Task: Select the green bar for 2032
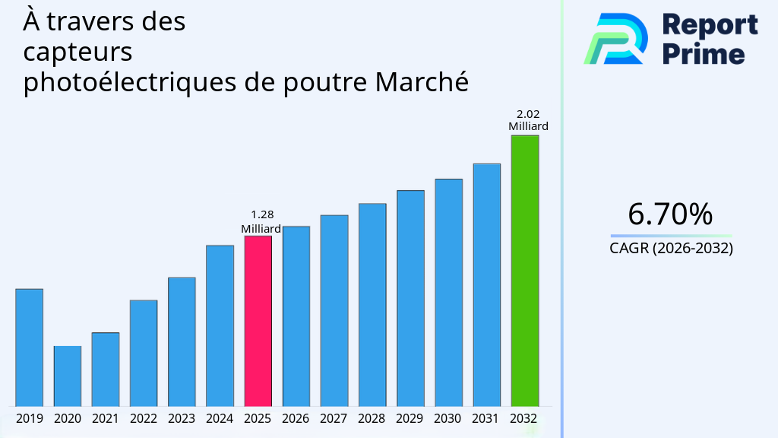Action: pyautogui.click(x=524, y=270)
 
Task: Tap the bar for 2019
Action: pyautogui.click(x=29, y=347)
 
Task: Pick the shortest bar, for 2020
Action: pyautogui.click(x=67, y=376)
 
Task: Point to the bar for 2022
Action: pyautogui.click(x=144, y=353)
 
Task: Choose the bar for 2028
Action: pyautogui.click(x=372, y=304)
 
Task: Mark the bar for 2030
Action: pyautogui.click(x=448, y=292)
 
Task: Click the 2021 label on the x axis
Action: pyautogui.click(x=105, y=418)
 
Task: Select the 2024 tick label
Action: pyautogui.click(x=220, y=418)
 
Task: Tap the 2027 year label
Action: pyautogui.click(x=334, y=418)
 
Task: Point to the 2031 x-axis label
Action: pyautogui.click(x=486, y=418)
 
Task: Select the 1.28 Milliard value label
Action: pyautogui.click(x=261, y=222)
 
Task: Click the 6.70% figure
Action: pyautogui.click(x=670, y=214)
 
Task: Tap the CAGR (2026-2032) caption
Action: pyautogui.click(x=671, y=248)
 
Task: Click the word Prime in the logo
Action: pyautogui.click(x=703, y=53)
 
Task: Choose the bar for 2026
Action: pyautogui.click(x=296, y=316)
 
